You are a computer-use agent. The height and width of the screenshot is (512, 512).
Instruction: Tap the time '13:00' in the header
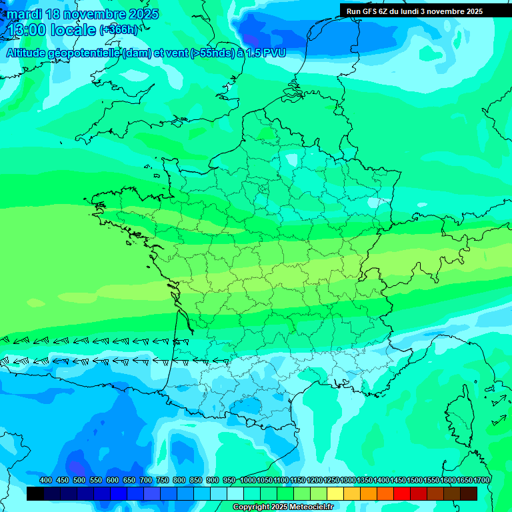27,30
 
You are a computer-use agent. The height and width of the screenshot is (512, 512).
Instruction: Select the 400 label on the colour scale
46,480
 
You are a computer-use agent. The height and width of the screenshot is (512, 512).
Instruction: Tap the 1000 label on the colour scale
248,480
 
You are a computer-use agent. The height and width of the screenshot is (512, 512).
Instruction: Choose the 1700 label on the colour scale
481,480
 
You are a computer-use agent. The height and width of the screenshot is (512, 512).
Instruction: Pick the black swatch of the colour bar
35,493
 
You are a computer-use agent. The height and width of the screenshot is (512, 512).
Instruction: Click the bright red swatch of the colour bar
402,493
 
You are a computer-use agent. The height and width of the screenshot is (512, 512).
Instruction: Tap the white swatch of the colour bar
235,493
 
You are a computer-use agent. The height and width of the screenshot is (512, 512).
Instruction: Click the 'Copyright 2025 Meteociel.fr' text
283,507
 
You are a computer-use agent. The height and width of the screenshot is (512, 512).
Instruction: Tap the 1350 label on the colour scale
365,480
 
